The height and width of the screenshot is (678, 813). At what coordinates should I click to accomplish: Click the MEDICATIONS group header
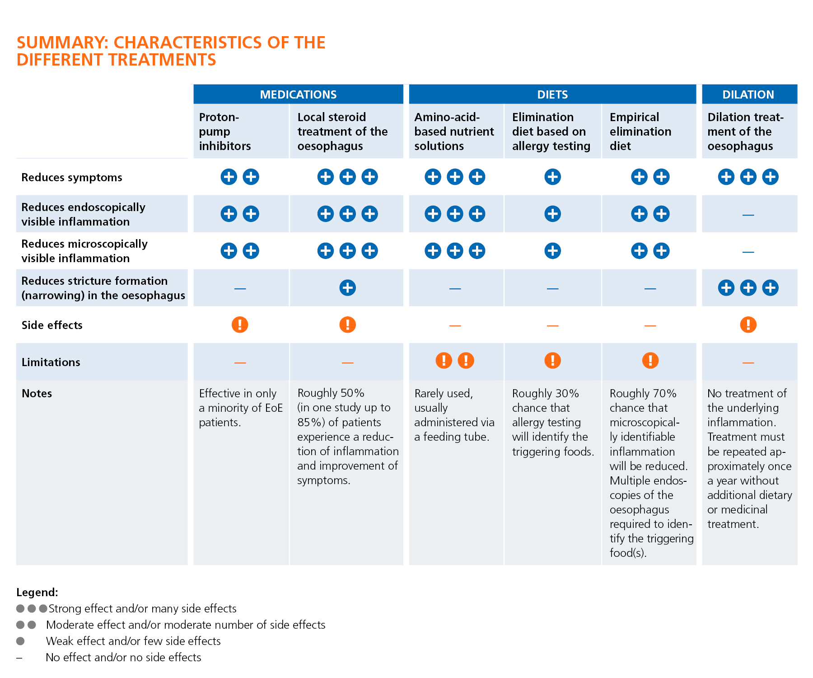pyautogui.click(x=298, y=94)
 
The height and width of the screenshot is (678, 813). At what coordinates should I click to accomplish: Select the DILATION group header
pyautogui.click(x=748, y=94)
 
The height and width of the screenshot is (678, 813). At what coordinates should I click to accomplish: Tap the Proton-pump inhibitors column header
pyautogui.click(x=225, y=132)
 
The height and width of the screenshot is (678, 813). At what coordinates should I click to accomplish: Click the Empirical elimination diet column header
pyautogui.click(x=640, y=132)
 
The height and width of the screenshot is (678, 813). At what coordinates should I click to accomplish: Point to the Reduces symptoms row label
pyautogui.click(x=72, y=177)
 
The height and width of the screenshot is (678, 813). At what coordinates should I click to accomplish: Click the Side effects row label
pyautogui.click(x=52, y=325)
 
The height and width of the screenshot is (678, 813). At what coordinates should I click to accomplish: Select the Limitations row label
pyautogui.click(x=51, y=362)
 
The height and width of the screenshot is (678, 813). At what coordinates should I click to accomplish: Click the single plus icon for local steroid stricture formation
pyautogui.click(x=347, y=287)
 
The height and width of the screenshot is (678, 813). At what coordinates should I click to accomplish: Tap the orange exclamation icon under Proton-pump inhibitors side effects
pyautogui.click(x=240, y=325)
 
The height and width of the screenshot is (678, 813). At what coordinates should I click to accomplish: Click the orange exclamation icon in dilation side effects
pyautogui.click(x=748, y=325)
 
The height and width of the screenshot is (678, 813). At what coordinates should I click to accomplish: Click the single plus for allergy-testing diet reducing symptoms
pyautogui.click(x=552, y=177)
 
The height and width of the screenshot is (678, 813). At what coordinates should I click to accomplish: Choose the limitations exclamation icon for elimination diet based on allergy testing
pyautogui.click(x=552, y=360)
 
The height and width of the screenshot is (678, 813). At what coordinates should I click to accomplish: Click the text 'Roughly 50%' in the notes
pyautogui.click(x=331, y=393)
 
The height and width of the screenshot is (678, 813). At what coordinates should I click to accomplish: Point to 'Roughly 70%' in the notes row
pyautogui.click(x=643, y=393)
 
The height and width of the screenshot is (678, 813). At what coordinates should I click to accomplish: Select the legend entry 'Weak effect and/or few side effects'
pyautogui.click(x=133, y=641)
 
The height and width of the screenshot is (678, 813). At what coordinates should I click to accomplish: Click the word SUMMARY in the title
pyautogui.click(x=62, y=42)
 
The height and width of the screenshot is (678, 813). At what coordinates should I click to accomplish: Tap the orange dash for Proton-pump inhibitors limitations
pyautogui.click(x=240, y=363)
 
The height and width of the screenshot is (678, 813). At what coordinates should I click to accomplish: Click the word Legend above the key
pyautogui.click(x=37, y=592)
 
